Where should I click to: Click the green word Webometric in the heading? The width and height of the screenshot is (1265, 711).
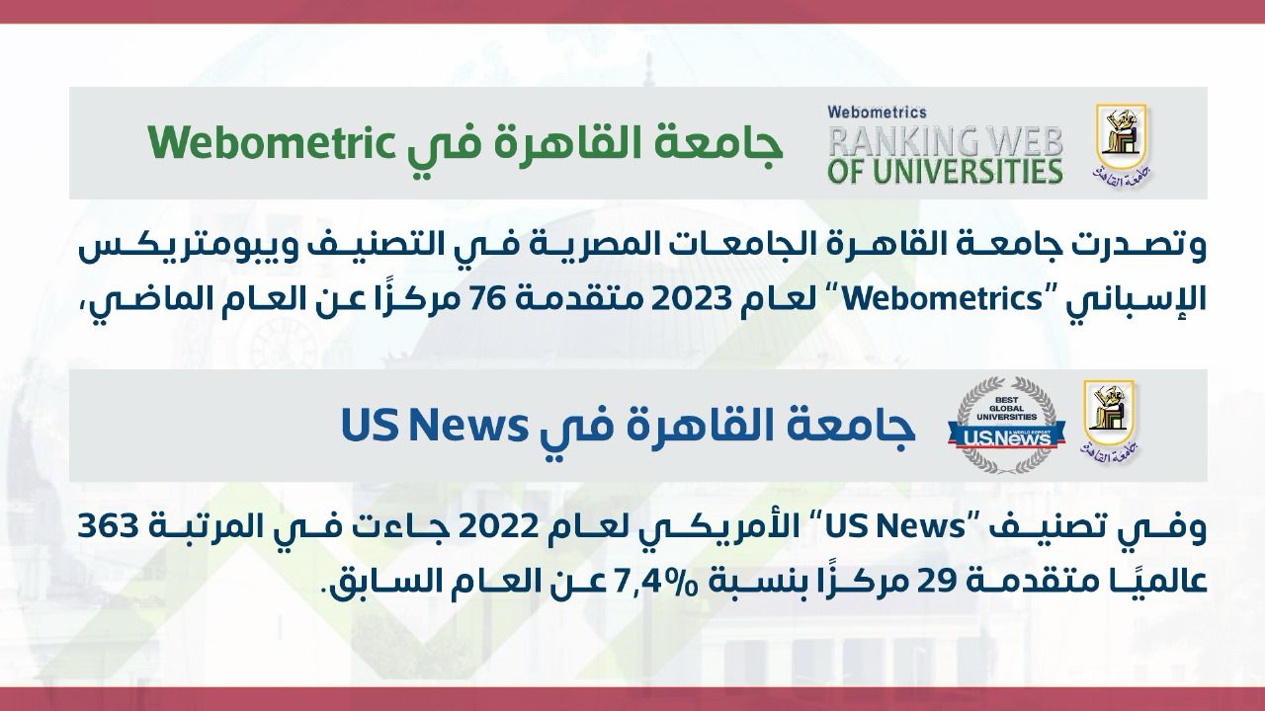pos(265,143)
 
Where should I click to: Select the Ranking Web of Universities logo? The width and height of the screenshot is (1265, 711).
pos(944,145)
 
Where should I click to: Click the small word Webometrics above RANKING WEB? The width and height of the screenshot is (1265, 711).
pos(877,113)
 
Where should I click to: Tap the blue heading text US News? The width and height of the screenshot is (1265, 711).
pos(435,426)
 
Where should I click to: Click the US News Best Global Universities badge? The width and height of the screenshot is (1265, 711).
pos(1006,425)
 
